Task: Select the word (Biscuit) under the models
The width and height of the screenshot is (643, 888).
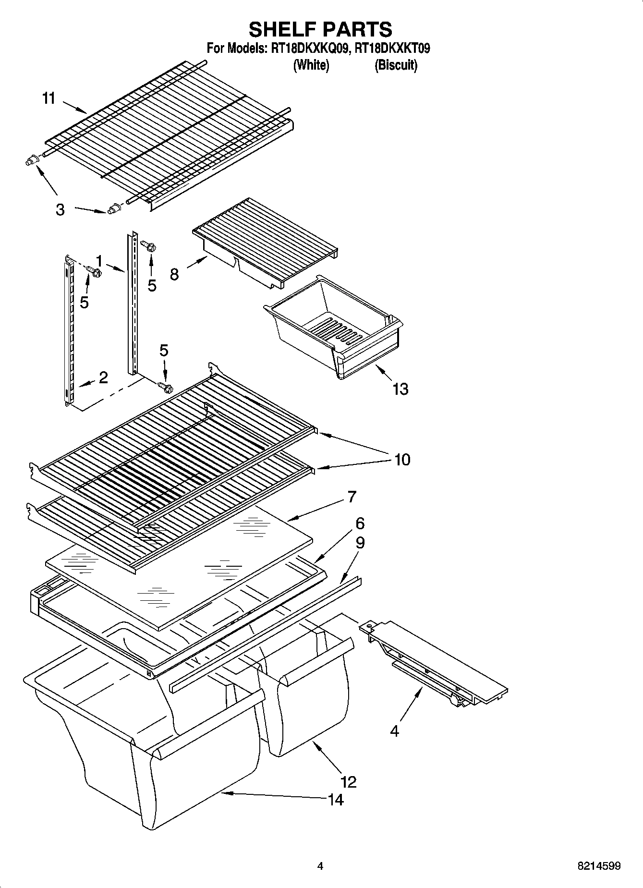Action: click(396, 65)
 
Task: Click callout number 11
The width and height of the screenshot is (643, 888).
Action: click(49, 98)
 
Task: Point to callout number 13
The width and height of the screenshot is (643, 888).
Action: click(400, 389)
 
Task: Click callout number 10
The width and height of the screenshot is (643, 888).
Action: click(402, 460)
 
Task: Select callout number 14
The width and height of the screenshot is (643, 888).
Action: click(336, 800)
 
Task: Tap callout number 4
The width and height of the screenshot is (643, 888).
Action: click(394, 731)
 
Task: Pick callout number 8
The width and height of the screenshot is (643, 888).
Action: click(174, 274)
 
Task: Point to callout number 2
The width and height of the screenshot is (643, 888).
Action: click(103, 377)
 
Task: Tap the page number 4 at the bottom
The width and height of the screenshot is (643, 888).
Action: click(320, 866)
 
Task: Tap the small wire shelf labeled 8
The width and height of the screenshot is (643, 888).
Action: click(265, 240)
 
